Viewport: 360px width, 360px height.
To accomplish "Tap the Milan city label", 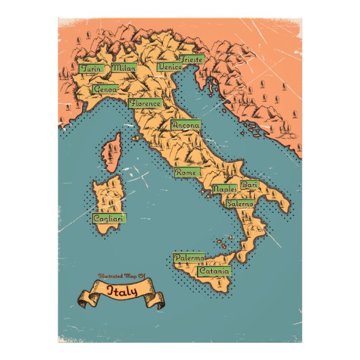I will coord(124,68).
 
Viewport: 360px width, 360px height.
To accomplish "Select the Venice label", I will coord(168,67).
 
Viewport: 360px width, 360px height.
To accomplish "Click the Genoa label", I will coord(105,89).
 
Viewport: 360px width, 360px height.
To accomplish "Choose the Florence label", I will coord(145,104).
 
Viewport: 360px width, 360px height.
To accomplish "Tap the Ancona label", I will coord(185,126).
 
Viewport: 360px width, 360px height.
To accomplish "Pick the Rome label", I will coord(185,173).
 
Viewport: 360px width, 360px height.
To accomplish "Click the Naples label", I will coord(224,189).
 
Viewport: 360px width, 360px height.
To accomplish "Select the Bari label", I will coord(249,185).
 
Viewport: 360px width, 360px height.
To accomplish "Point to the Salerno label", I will coord(240,203).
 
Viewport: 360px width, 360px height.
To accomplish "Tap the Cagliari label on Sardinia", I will coord(108,219).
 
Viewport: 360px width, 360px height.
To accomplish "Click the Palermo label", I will coord(188,259).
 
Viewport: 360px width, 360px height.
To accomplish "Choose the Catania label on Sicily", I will coord(214,271).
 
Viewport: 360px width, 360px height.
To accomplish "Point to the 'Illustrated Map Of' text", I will coord(122,276).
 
